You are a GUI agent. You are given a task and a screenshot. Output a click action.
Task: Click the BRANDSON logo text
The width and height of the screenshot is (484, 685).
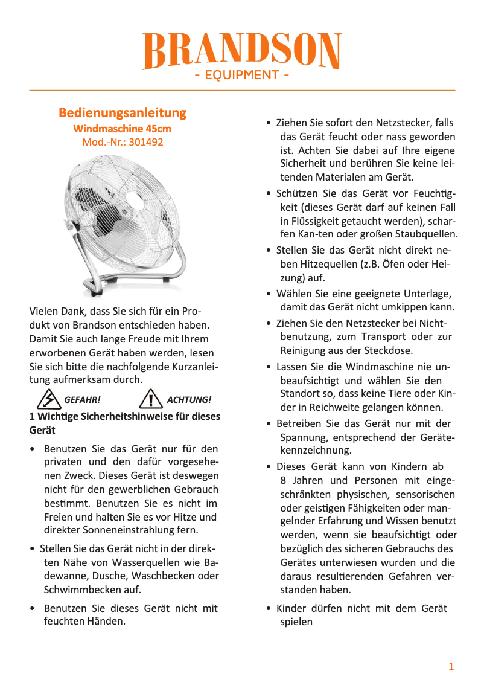pos(242,51)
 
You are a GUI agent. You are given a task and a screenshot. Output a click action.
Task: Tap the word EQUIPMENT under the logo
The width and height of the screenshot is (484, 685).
pos(241,76)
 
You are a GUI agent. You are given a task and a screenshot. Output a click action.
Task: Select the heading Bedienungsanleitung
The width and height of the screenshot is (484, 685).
pos(123,113)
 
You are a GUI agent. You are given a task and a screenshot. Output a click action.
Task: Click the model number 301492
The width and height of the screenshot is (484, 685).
pos(145,143)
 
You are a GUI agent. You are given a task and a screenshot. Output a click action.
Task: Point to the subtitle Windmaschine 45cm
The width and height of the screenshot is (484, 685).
pos(123,129)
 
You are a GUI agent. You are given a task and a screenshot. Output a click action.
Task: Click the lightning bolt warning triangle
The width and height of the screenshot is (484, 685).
pos(47,399)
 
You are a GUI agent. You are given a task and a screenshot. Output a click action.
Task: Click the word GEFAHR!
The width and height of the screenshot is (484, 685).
pos(82,400)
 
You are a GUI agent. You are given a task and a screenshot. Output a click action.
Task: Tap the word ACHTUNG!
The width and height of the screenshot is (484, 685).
pos(189,400)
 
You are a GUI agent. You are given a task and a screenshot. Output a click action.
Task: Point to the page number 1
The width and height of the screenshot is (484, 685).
pos(451,666)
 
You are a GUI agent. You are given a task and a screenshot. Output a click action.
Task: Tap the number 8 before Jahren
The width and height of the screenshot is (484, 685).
pos(283,481)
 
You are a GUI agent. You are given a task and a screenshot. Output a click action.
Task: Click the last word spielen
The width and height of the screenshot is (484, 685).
pos(296,622)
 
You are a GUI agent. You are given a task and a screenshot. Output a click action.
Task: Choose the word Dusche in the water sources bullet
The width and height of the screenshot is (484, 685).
pos(109,576)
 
